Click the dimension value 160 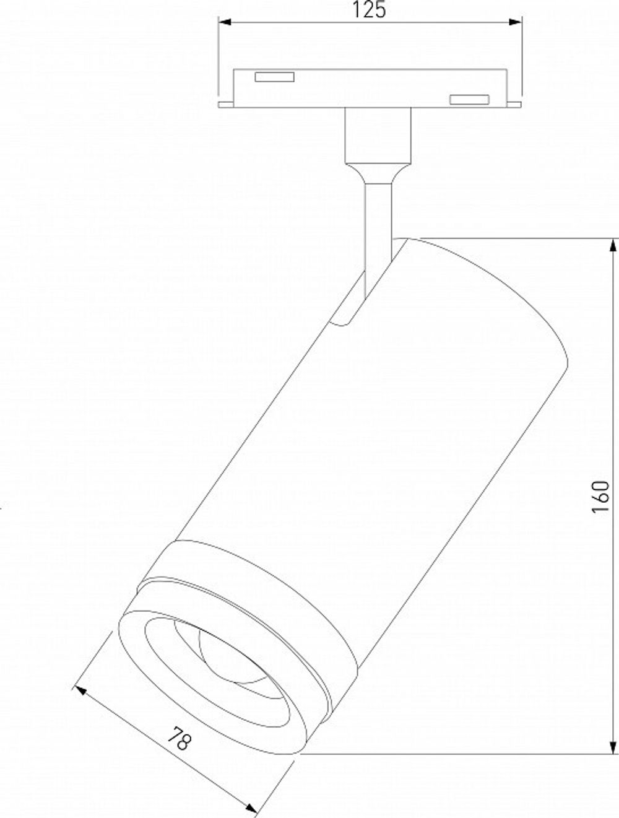[600, 496]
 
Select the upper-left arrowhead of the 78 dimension [79, 689]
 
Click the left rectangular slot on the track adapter [275, 77]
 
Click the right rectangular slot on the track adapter [469, 99]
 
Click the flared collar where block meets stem [378, 172]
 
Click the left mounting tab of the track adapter [225, 103]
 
